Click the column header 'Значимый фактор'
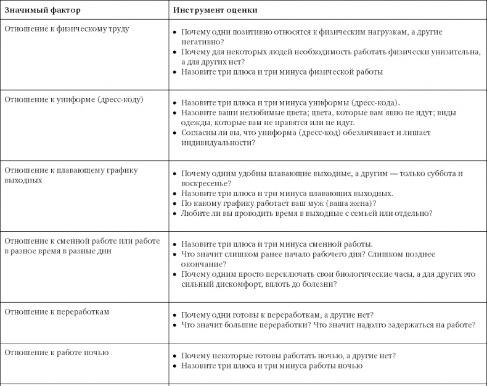[43, 10]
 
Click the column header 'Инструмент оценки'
[215, 10]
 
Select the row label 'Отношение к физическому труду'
[67, 28]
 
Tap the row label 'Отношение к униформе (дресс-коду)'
[73, 99]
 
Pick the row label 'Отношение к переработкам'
[57, 312]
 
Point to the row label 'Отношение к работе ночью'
[57, 353]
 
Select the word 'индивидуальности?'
[218, 142]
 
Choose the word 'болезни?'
[320, 284]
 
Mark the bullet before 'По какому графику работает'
[174, 203]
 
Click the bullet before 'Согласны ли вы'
[174, 133]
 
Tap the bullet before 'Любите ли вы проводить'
[174, 213]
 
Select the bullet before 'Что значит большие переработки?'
[174, 325]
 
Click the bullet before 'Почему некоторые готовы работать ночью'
[174, 356]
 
